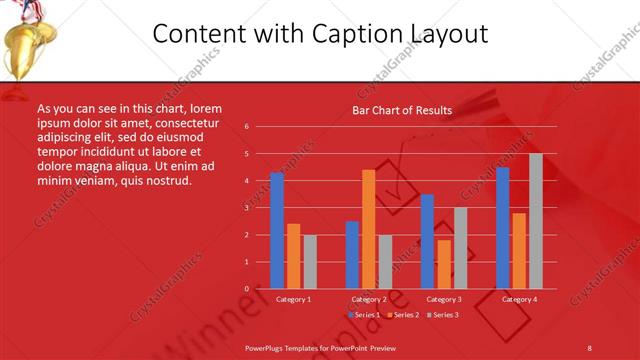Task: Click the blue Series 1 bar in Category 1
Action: tap(277, 231)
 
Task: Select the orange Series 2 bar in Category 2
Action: tap(369, 229)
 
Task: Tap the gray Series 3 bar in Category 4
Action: tap(536, 221)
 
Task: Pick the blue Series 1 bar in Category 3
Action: tap(427, 241)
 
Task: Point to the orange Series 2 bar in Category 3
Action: tap(443, 264)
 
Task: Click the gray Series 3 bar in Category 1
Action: tap(310, 261)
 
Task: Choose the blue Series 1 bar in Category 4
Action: tap(502, 228)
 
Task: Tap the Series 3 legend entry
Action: tap(443, 315)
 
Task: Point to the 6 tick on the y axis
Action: tap(246, 127)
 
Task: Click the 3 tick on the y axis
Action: tap(246, 208)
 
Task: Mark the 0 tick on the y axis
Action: tap(246, 289)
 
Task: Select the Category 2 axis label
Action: tap(369, 299)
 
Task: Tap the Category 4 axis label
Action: tap(519, 299)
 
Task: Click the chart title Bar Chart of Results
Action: tap(402, 110)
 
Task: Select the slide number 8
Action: tap(589, 347)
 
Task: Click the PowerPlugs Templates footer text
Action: tap(321, 347)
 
